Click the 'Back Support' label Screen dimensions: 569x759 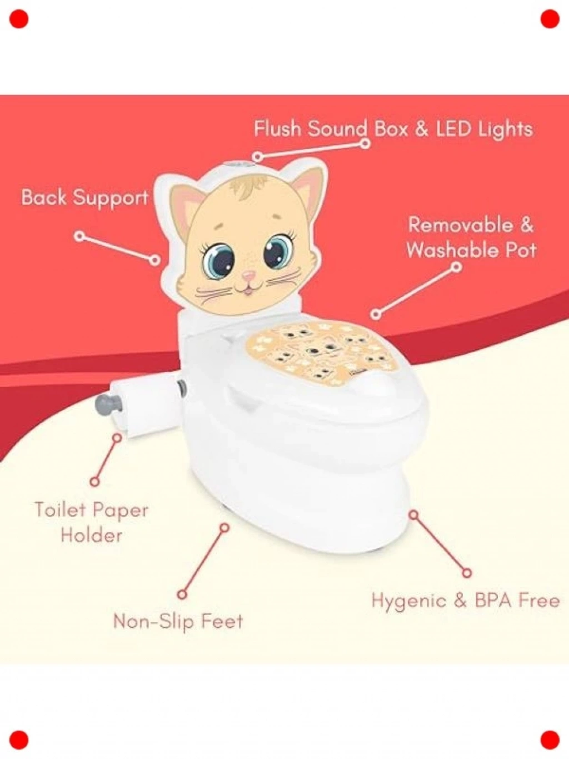pos(84,198)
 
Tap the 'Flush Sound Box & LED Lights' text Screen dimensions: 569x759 pos(393,130)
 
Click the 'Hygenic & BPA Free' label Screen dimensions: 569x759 pos(465,601)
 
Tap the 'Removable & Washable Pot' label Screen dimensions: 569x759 pos(471,237)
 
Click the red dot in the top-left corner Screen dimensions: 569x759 pos(19,19)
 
